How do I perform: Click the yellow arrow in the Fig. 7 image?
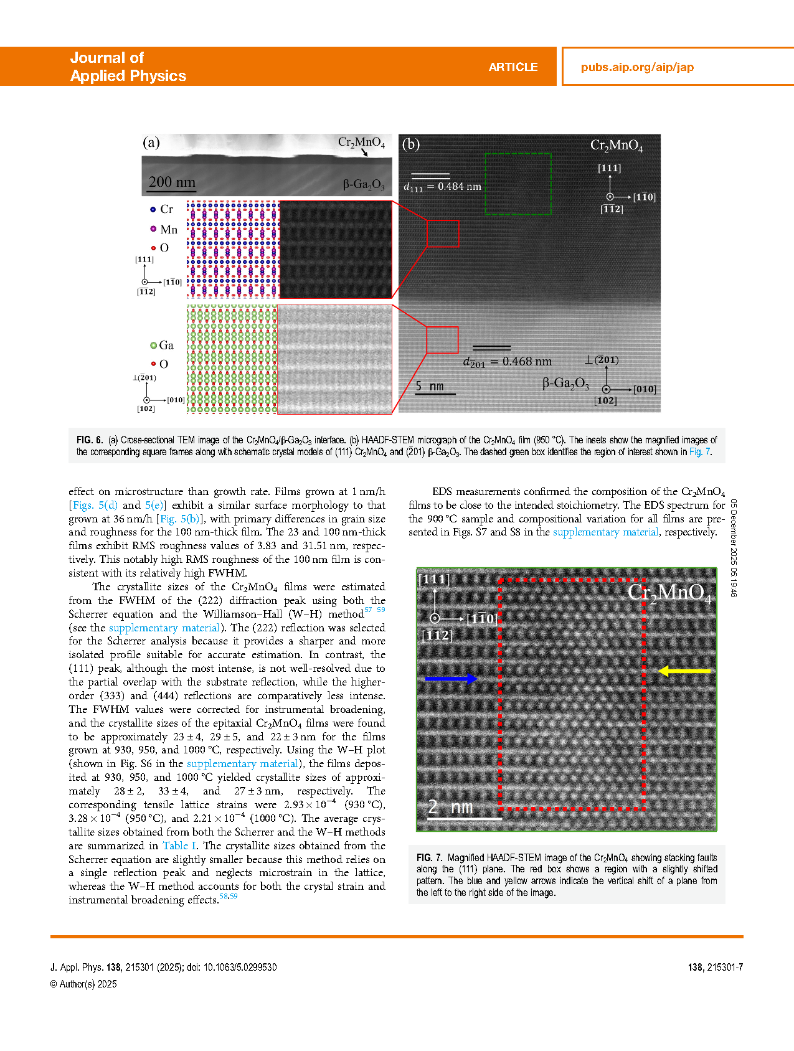(x=684, y=671)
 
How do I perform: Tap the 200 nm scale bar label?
(x=172, y=182)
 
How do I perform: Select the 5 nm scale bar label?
(x=430, y=386)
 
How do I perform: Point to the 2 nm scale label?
(x=451, y=807)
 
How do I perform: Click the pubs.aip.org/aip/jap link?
(x=637, y=67)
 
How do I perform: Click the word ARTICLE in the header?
(x=513, y=67)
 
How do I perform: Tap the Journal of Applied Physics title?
(x=128, y=67)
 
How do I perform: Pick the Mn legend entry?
(x=164, y=230)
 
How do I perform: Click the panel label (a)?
(x=151, y=143)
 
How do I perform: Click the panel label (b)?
(x=411, y=144)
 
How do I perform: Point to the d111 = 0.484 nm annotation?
(x=443, y=186)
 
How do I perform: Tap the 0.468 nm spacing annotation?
(x=508, y=362)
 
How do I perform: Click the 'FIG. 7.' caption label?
(x=429, y=857)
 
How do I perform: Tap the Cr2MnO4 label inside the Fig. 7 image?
(x=669, y=593)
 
